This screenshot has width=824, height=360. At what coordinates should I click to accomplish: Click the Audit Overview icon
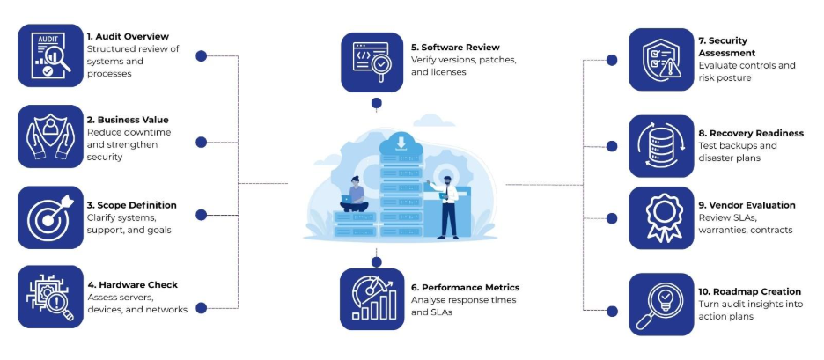49,55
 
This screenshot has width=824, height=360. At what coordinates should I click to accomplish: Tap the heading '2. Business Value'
128,120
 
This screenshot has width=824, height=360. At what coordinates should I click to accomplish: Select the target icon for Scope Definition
49,216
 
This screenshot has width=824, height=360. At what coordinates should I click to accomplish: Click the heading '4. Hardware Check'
132,284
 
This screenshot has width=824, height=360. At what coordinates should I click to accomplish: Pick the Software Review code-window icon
372,61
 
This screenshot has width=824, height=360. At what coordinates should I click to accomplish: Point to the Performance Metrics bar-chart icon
372,300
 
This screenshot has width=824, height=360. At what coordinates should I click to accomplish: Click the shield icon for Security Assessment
661,59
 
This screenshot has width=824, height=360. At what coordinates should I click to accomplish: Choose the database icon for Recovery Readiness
661,146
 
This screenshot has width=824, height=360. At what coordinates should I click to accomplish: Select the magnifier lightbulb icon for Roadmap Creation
661,305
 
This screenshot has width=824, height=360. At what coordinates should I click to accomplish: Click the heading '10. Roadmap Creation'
750,291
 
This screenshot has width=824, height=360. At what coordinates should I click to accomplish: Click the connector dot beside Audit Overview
201,55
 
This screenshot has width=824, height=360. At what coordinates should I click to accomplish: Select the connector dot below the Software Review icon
377,103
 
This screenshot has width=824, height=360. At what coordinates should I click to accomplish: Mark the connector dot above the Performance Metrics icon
377,261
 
